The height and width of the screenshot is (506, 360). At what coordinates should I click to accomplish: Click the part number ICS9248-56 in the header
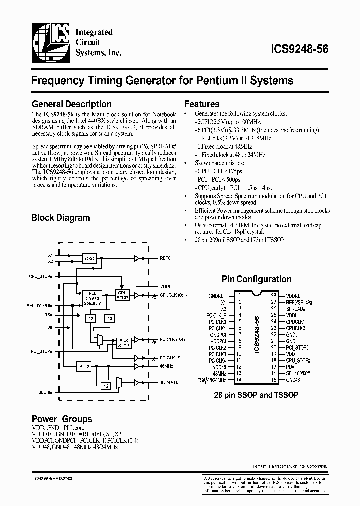click(x=299, y=49)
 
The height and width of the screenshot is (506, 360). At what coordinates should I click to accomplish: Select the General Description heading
click(x=71, y=104)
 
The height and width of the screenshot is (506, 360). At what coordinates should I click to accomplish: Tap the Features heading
click(x=202, y=104)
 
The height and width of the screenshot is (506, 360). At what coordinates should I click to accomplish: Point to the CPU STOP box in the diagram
click(x=122, y=295)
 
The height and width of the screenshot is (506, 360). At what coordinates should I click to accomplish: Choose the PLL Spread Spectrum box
click(x=91, y=298)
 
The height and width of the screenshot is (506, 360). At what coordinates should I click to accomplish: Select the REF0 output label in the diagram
click(x=165, y=259)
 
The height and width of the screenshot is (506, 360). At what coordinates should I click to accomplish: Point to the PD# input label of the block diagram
click(x=48, y=327)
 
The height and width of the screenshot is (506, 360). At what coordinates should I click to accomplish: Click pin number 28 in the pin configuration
click(x=274, y=296)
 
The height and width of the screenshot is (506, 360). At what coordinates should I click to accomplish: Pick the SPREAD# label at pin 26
click(x=296, y=309)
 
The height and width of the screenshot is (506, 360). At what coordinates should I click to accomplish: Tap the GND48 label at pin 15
click(x=294, y=380)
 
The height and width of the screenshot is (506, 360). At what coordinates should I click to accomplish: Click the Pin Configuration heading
click(x=256, y=279)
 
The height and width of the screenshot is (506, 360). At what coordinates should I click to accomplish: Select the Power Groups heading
click(x=62, y=419)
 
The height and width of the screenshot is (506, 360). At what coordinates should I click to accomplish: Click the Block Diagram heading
click(x=60, y=218)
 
